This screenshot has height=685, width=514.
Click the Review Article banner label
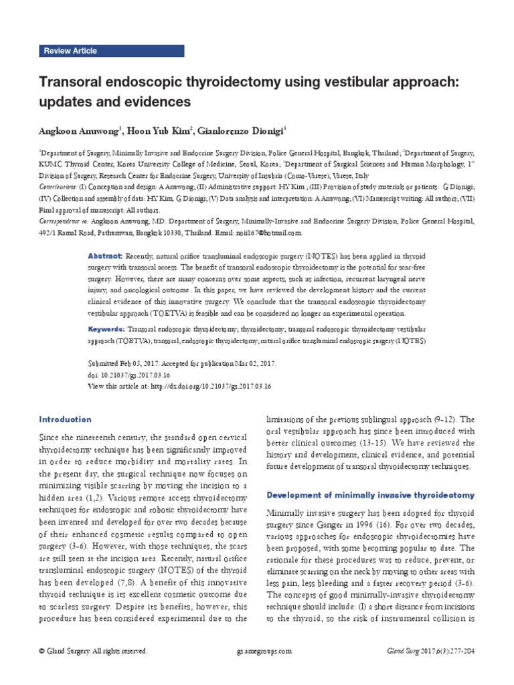pos(70,51)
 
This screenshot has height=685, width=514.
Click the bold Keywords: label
pos(107,330)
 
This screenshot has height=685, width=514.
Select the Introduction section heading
pos(65,419)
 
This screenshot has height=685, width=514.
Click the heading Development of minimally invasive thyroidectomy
pos(370,495)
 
